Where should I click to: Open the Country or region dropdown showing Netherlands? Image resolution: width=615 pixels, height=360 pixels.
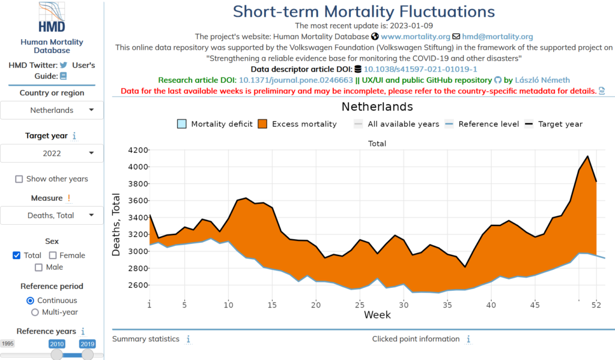point(52,110)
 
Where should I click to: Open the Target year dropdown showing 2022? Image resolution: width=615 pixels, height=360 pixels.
point(52,153)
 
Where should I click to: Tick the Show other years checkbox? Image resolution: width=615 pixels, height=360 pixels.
point(19,179)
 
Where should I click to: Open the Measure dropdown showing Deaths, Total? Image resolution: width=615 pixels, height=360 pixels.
point(52,215)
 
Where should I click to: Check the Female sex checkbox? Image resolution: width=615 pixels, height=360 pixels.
point(53,255)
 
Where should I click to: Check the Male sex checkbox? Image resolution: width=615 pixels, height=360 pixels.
point(39,267)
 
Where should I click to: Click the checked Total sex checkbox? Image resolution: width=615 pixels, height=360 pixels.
point(17,255)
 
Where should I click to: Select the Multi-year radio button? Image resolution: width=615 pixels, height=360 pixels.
point(35,313)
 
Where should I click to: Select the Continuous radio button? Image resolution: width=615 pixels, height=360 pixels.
point(31,301)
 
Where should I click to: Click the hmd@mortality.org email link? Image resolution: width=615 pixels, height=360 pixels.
point(498,37)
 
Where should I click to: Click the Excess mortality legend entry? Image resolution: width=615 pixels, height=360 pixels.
point(297,124)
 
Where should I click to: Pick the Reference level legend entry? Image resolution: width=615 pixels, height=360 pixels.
point(482,124)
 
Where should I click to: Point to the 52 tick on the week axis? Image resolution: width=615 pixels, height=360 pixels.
point(596,305)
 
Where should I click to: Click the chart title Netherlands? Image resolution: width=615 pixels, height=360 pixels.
point(377,107)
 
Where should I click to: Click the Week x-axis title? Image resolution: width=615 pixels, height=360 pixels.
point(377,315)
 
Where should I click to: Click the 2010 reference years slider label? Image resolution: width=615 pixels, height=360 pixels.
point(57,344)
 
